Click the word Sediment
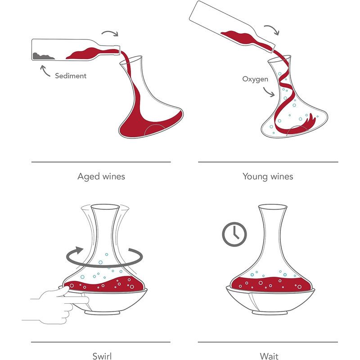[71, 76]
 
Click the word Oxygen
[255, 79]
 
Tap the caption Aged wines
[101, 176]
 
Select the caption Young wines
[268, 176]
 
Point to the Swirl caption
[102, 356]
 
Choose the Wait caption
[269, 356]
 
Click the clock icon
[234, 234]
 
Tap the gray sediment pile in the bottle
[43, 57]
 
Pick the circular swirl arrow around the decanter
[104, 266]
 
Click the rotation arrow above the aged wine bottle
[110, 32]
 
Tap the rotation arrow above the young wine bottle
[273, 28]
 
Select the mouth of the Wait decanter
[273, 207]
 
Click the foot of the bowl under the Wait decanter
[270, 313]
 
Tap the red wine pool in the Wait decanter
[271, 284]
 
